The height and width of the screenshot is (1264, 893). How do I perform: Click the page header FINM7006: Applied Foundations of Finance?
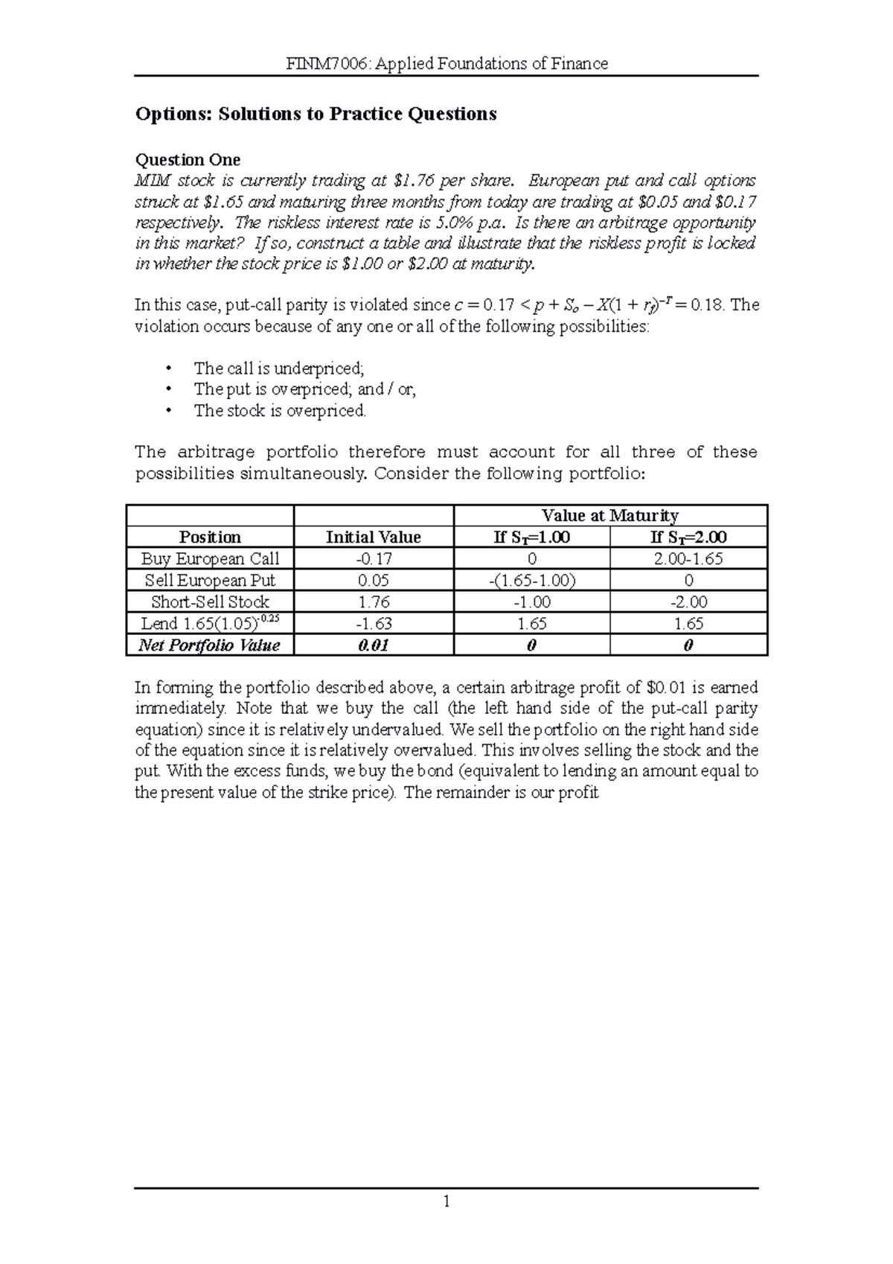click(x=447, y=64)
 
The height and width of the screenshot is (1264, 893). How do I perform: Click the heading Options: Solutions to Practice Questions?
click(x=316, y=114)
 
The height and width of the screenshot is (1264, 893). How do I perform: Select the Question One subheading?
click(x=188, y=160)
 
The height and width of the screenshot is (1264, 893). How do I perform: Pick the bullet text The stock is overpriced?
click(x=280, y=411)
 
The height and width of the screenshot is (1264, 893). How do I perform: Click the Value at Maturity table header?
click(x=609, y=516)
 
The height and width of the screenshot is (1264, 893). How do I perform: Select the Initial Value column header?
click(x=374, y=537)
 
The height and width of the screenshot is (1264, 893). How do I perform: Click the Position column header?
click(x=210, y=537)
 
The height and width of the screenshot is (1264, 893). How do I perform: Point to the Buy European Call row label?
click(x=210, y=559)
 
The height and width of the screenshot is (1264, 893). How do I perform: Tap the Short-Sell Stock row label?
click(x=210, y=602)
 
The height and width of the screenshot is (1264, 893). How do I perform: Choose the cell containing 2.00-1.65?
click(x=688, y=559)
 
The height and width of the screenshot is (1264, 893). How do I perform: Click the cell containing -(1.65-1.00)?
click(x=531, y=581)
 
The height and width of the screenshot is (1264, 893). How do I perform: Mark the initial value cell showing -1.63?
click(x=374, y=624)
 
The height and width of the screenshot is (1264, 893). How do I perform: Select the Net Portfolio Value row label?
click(x=210, y=645)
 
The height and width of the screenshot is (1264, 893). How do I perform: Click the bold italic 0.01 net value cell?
click(x=374, y=645)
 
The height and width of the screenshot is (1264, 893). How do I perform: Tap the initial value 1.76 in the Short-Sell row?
click(x=374, y=602)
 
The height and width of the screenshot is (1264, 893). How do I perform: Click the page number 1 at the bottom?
click(x=446, y=1201)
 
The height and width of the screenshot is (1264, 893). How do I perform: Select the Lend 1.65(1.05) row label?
click(x=210, y=623)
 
